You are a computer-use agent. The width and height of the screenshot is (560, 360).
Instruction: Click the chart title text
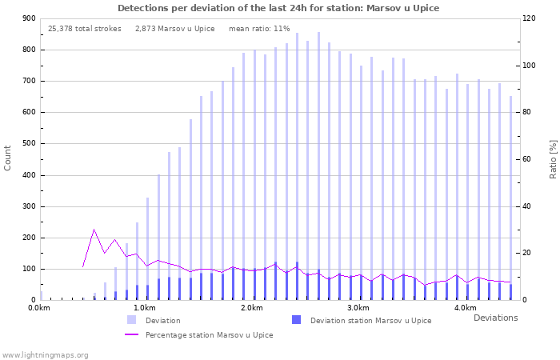278,8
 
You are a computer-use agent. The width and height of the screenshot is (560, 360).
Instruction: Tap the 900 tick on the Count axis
28,18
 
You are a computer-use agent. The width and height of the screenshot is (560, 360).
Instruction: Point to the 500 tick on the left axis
28,144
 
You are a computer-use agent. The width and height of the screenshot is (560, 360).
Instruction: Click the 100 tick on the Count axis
28,269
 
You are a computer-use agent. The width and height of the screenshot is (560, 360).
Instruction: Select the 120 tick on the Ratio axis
530,18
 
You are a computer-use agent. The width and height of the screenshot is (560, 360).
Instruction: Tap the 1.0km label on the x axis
144,308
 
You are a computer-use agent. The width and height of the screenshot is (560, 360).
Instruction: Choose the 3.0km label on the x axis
358,308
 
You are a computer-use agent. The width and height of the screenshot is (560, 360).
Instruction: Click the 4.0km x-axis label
465,308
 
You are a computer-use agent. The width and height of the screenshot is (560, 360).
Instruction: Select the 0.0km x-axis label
38,308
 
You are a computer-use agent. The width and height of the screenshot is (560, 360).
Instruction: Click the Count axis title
8,158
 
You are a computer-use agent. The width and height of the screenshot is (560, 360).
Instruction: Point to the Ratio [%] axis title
553,158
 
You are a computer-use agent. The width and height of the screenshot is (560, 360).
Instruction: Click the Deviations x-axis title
495,318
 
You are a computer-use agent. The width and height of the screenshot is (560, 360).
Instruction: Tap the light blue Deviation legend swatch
131,320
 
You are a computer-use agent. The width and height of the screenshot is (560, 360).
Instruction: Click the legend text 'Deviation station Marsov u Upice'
370,321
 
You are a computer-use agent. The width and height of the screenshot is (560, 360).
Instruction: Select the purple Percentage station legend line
131,335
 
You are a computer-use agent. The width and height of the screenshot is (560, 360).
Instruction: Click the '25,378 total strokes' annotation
85,28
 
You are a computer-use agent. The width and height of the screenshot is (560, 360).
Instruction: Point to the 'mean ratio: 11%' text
259,28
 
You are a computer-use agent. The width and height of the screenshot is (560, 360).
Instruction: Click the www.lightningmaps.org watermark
45,354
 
